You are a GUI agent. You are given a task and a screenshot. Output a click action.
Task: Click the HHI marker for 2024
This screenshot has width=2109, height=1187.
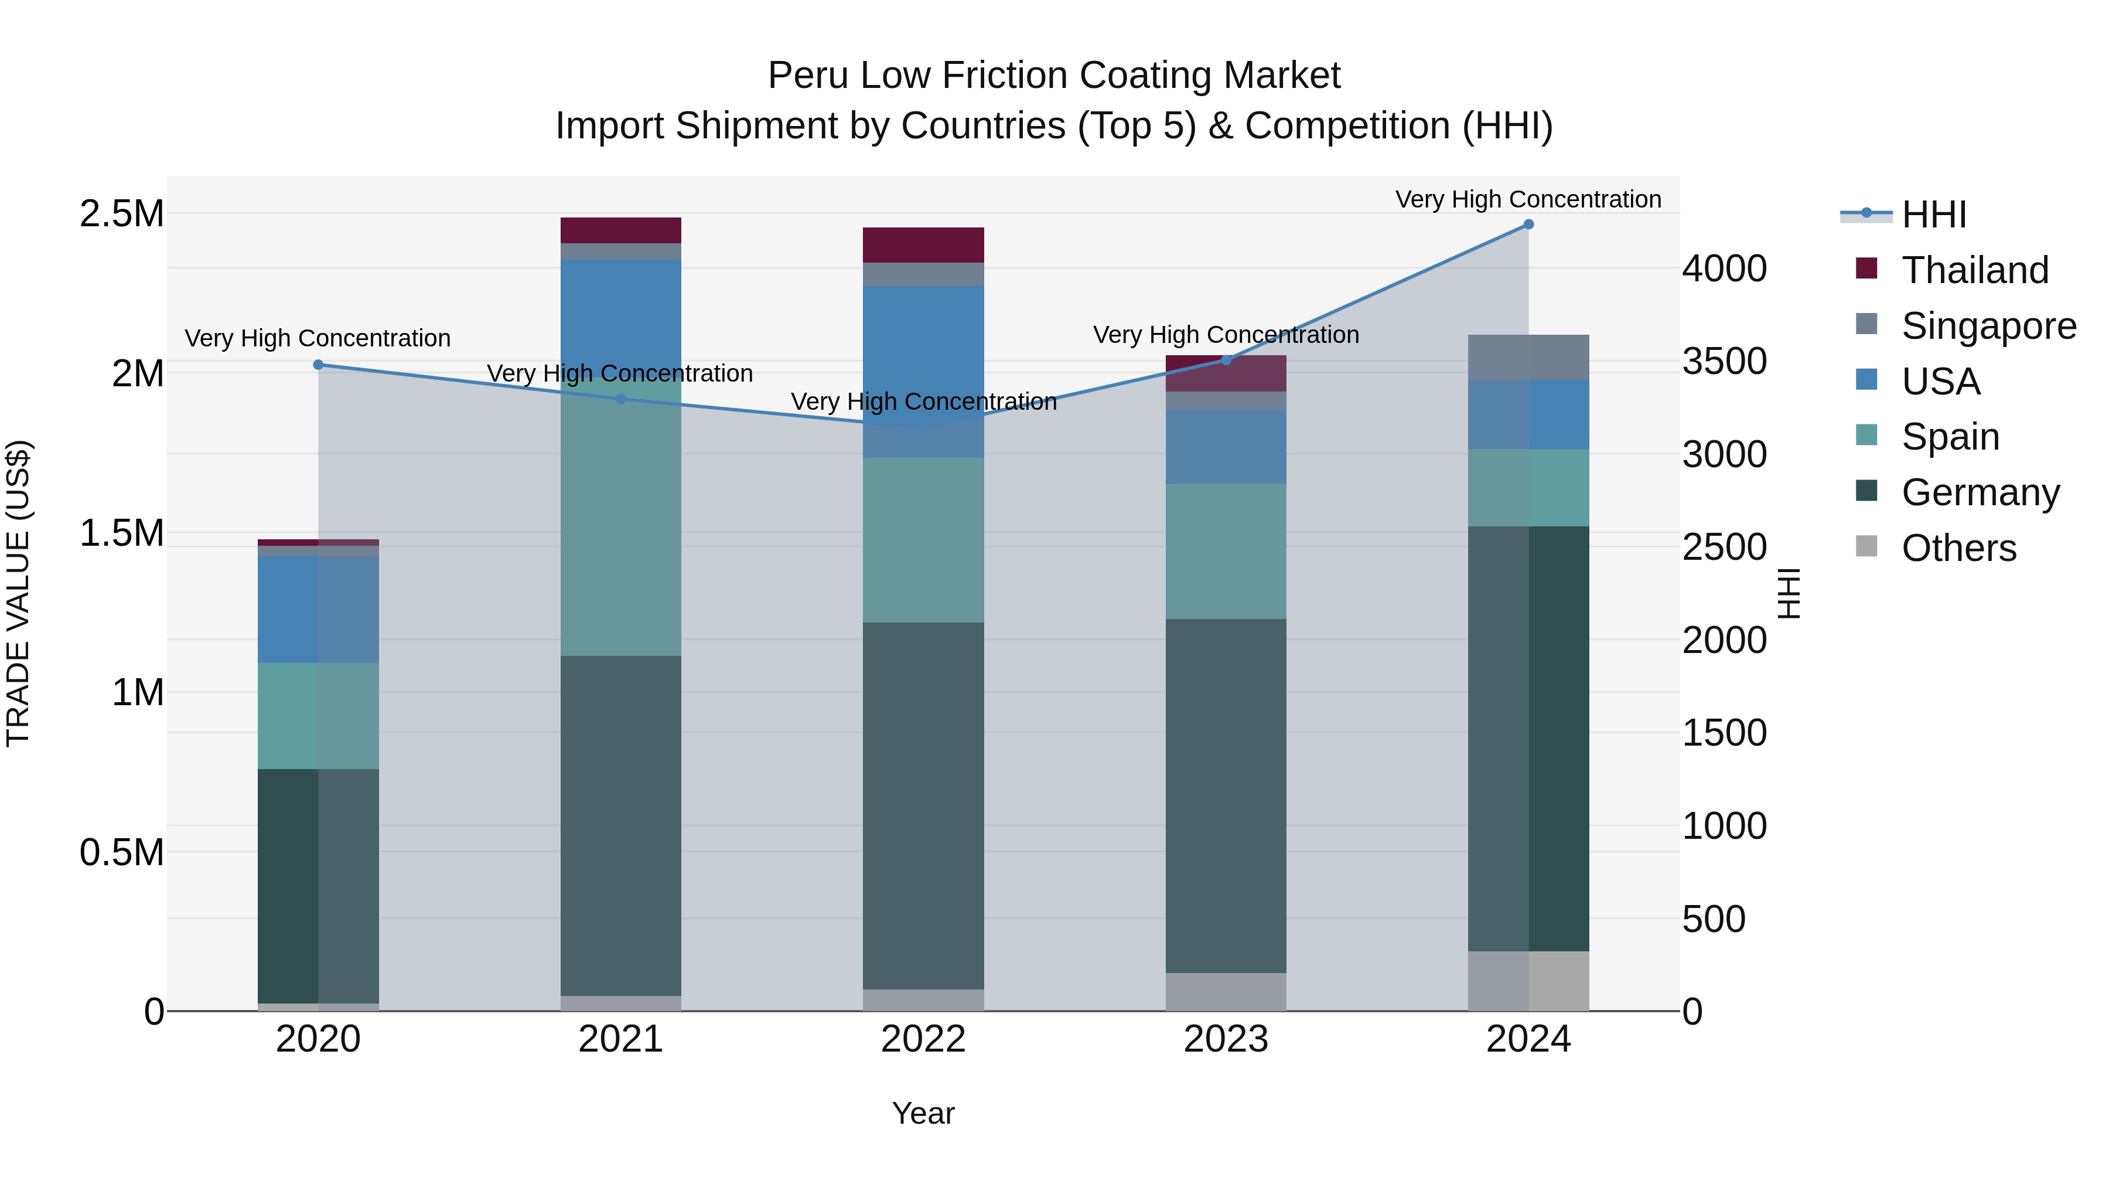(x=1528, y=225)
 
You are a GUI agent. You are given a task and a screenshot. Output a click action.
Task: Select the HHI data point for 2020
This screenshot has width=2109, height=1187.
(x=319, y=365)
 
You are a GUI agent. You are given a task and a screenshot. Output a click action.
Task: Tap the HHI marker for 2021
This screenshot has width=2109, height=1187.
(x=620, y=399)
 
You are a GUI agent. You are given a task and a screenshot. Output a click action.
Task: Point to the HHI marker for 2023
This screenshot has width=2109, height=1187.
(x=1226, y=360)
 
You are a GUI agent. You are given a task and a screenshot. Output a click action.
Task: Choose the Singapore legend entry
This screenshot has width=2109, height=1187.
(x=1988, y=326)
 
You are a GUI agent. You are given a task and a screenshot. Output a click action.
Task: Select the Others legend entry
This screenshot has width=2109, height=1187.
(x=1958, y=548)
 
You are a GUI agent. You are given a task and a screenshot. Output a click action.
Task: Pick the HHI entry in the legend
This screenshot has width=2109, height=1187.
(x=1933, y=215)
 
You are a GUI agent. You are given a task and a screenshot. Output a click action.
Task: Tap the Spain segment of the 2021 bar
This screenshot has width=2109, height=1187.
(x=620, y=524)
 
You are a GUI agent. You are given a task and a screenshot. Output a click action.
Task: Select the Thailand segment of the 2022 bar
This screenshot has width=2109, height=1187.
(x=923, y=245)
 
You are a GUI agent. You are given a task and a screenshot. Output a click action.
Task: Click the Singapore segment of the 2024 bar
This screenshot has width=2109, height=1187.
(x=1528, y=357)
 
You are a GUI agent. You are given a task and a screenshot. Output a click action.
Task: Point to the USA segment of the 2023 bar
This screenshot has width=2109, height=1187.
(x=1226, y=447)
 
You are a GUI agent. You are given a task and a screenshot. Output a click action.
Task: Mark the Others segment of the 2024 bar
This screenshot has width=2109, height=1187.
(x=1528, y=981)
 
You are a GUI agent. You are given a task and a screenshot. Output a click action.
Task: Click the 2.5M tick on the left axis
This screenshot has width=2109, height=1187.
(x=121, y=214)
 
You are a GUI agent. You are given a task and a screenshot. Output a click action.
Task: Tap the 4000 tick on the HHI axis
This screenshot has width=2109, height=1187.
(x=1724, y=268)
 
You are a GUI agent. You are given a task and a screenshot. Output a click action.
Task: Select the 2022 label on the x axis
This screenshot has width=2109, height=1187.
(x=923, y=1039)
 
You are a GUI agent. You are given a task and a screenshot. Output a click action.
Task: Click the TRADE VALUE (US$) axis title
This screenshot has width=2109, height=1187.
(x=18, y=593)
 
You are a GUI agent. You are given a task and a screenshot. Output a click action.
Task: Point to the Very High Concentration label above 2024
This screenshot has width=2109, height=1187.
(x=1528, y=199)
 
